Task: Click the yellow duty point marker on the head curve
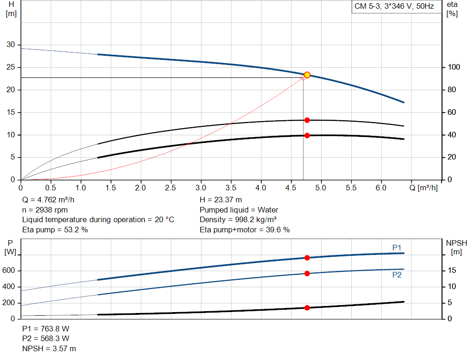pos(307,75)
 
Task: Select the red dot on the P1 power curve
pos(307,258)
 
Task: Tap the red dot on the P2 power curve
pos(307,273)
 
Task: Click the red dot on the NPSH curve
pos(307,307)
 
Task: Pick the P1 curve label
pos(397,248)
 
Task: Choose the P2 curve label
pos(397,275)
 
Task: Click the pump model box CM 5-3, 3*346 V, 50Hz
pos(394,6)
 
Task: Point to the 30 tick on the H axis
pos(10,45)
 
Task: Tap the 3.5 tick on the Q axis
pos(231,188)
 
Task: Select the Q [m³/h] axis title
pos(421,188)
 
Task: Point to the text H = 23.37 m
pos(221,200)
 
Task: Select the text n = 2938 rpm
pos(45,210)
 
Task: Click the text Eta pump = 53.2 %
pos(55,229)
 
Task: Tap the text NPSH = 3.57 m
pos(49,348)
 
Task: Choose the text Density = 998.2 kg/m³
pos(238,219)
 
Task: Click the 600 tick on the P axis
pos(10,271)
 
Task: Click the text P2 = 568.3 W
pos(46,339)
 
